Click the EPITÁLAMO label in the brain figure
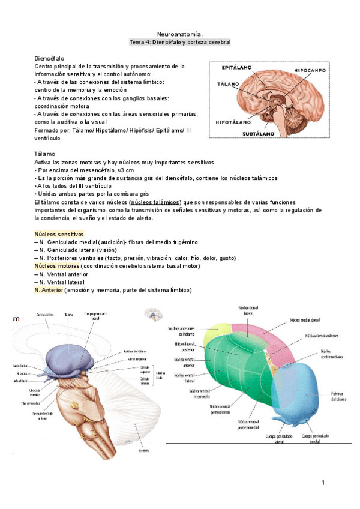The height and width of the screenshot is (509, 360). tap(237, 68)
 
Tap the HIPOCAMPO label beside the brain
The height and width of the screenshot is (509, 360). tap(309, 70)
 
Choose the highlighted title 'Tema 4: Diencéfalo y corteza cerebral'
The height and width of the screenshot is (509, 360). tap(180, 43)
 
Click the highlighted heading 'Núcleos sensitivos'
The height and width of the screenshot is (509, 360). tap(59, 233)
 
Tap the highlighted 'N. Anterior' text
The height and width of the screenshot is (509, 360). tap(49, 290)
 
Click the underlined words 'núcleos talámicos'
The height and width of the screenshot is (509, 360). tap(155, 202)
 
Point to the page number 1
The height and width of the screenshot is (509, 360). tap(323, 483)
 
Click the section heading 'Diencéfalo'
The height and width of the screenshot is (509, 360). tap(49, 58)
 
